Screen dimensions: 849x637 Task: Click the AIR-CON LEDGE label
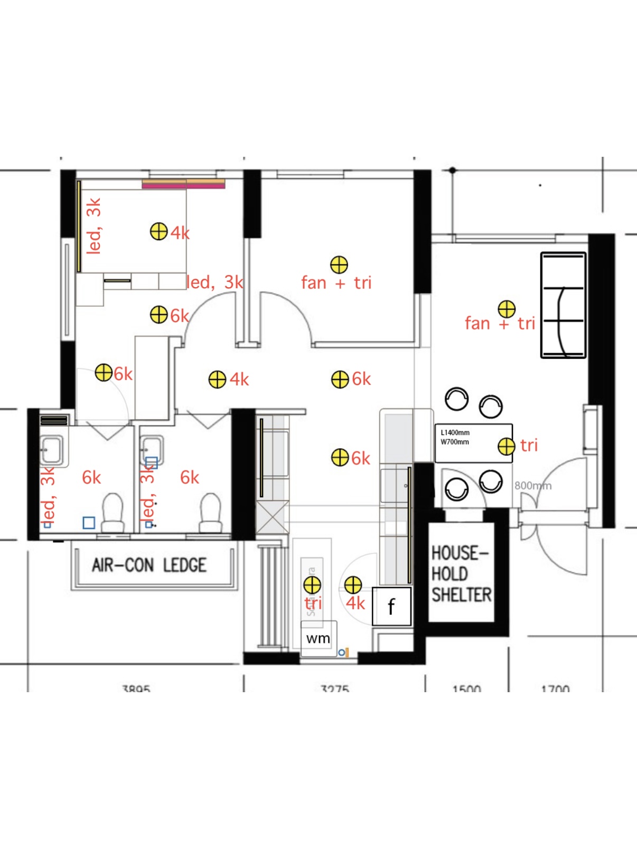pyautogui.click(x=149, y=565)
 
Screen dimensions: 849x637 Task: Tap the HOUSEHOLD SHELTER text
pyautogui.click(x=461, y=574)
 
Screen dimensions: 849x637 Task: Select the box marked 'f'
pyautogui.click(x=391, y=606)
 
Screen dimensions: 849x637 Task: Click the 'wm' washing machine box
pyautogui.click(x=318, y=638)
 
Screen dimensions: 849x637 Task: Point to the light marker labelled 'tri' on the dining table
pyautogui.click(x=506, y=446)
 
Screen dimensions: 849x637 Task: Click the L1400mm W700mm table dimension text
pyautogui.click(x=455, y=437)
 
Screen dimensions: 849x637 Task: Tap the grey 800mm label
pyautogui.click(x=532, y=485)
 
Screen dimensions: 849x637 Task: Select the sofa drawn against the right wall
pyautogui.click(x=563, y=305)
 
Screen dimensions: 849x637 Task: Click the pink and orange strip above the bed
pyautogui.click(x=183, y=184)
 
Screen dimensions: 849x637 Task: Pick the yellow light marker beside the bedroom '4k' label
pyautogui.click(x=158, y=231)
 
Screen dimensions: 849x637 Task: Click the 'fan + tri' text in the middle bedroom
pyautogui.click(x=336, y=282)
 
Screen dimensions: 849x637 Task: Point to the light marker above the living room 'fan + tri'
pyautogui.click(x=506, y=309)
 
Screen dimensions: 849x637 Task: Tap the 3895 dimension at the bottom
pyautogui.click(x=136, y=688)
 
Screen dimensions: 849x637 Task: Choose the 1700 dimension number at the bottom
pyautogui.click(x=555, y=688)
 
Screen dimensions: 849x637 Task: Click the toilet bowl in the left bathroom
pyautogui.click(x=112, y=512)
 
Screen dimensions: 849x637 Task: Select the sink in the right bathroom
pyautogui.click(x=152, y=449)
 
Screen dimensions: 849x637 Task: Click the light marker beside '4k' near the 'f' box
pyautogui.click(x=353, y=585)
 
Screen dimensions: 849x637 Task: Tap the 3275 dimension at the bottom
pyautogui.click(x=335, y=688)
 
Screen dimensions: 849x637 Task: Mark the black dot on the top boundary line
pyautogui.click(x=452, y=170)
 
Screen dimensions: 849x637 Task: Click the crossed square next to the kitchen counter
pyautogui.click(x=273, y=517)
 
